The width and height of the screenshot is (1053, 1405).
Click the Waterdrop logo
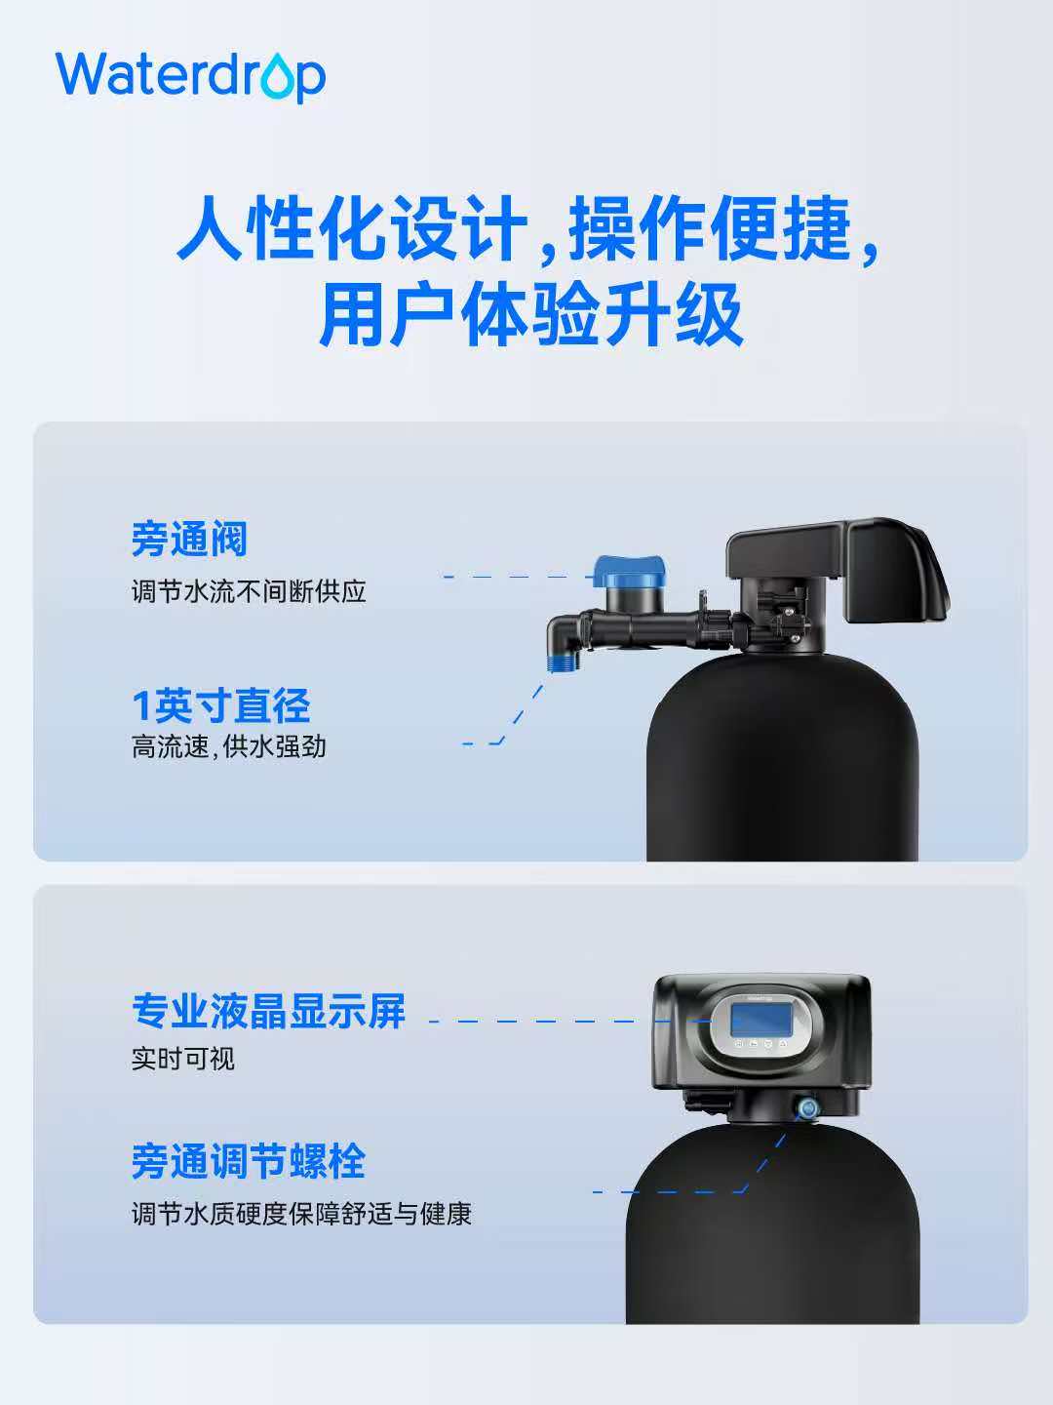190,77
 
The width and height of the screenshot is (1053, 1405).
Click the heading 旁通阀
189,539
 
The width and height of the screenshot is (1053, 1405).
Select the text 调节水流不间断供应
249,591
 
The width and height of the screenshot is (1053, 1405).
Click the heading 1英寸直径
220,706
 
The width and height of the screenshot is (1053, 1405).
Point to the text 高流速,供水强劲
229,746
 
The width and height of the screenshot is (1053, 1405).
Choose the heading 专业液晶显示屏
268,1012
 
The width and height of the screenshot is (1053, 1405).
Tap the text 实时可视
183,1059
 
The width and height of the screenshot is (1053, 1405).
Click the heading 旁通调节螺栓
248,1161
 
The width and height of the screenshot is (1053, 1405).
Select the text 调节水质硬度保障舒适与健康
301,1214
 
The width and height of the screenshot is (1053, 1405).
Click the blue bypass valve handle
629,572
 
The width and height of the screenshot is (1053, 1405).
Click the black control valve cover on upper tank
838,569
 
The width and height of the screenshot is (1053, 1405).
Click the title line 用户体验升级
531,315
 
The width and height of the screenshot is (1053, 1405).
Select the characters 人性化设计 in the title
352,228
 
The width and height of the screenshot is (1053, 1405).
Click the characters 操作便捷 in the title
710,228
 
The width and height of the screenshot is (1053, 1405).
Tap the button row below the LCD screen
760,1043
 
